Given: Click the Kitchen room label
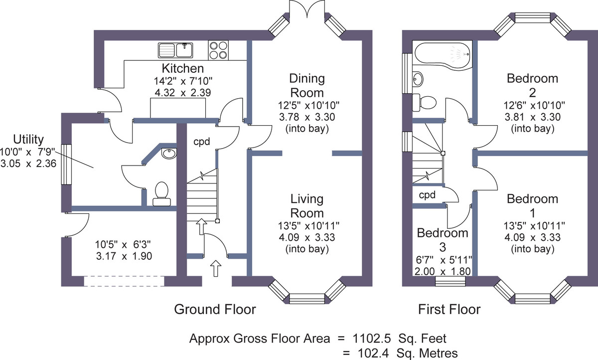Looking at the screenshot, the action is (183, 68).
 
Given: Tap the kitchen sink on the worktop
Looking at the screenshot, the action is (175, 50).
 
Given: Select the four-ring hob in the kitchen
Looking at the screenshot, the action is (218, 50).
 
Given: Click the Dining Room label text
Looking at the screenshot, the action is (307, 85).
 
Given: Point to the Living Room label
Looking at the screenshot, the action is (307, 206).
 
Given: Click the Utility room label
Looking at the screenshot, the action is (28, 140).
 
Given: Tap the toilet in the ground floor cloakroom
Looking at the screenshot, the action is (161, 194).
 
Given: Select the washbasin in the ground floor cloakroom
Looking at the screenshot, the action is (169, 154).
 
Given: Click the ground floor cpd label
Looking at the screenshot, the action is (201, 142).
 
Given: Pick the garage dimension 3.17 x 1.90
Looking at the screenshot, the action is (124, 256).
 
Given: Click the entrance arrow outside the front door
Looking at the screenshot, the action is (216, 268).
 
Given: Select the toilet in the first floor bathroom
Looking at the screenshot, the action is (425, 102).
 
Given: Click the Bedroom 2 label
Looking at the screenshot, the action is (532, 85).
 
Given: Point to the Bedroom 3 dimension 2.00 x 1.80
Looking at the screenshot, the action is (443, 272).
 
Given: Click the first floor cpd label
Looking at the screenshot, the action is (427, 195).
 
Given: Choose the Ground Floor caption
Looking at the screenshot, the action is (215, 309).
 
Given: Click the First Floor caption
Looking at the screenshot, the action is (449, 309).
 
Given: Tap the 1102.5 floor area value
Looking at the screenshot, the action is (372, 339).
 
